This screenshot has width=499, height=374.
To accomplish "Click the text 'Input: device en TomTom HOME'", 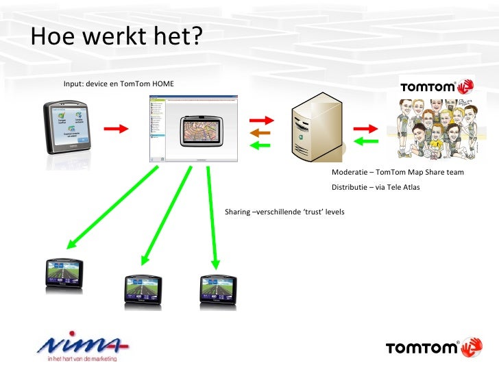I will (119, 84).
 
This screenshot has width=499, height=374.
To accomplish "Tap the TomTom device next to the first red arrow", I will (68, 128).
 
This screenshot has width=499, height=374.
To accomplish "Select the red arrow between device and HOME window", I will (117, 128).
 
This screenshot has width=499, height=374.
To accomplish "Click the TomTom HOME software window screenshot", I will (193, 129).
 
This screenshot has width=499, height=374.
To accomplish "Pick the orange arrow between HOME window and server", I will (260, 132).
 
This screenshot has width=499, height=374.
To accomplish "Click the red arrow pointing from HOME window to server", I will (260, 120).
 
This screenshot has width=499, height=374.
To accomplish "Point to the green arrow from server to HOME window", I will (260, 145).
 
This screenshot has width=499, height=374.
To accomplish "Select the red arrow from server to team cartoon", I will (365, 128).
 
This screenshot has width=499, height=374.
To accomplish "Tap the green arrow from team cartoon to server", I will (366, 142).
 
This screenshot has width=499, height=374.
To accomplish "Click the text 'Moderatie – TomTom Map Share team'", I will (398, 173).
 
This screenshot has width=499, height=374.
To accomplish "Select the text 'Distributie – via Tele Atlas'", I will (376, 188).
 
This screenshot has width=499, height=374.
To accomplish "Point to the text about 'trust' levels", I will (284, 212).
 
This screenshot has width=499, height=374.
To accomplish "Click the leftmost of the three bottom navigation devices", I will (64, 275).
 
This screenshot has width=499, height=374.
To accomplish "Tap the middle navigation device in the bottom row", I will (143, 288).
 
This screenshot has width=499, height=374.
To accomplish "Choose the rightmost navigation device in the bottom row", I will (217, 288).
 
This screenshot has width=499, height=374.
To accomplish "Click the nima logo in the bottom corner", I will (83, 349).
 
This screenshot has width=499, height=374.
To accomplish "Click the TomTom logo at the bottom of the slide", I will (433, 347).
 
